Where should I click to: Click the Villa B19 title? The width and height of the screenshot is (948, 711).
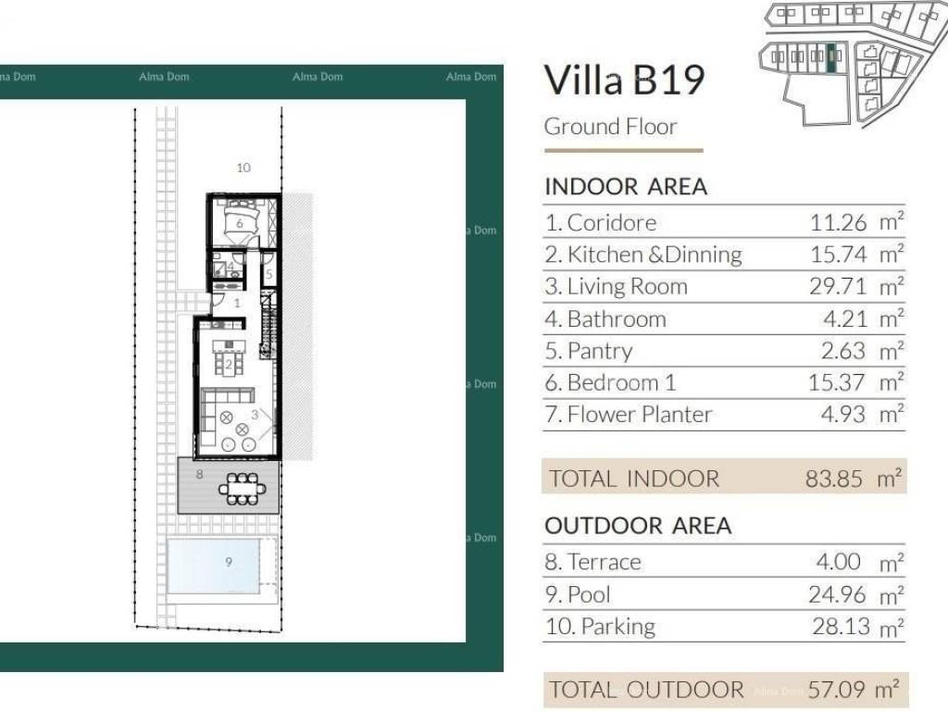624,81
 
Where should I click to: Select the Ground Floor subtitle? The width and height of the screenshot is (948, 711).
610,127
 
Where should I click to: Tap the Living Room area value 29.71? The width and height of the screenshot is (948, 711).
838,286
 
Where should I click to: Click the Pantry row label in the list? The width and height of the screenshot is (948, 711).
588,351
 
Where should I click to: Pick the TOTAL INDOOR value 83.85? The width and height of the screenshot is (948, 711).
834,479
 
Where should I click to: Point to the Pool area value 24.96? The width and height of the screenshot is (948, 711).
837,594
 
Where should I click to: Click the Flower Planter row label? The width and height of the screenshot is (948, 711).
629,415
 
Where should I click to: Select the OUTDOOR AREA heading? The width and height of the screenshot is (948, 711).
638,526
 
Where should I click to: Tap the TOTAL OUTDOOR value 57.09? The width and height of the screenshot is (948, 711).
836,689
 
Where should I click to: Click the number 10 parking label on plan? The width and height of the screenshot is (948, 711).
243,168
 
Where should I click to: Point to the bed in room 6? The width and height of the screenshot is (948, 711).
241,221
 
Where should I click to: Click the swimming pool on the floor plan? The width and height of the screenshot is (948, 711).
214,566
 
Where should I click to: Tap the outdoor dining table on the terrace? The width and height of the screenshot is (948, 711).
242,488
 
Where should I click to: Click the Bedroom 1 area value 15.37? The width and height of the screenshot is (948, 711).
837,382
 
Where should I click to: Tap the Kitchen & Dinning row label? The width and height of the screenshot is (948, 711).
643,255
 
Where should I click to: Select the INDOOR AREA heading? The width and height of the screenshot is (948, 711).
626,186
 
